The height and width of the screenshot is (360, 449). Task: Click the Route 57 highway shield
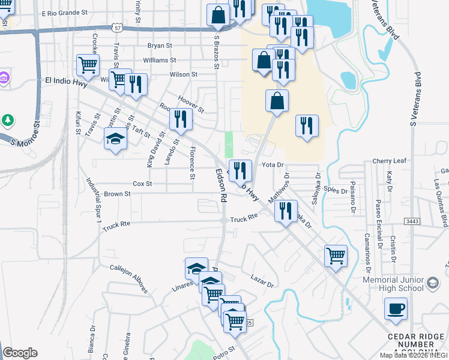[x=117, y=28]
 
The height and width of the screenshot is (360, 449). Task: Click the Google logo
[x=20, y=352]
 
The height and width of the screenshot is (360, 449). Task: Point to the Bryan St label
[x=160, y=46]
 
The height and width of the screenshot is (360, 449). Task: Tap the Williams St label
[x=160, y=60]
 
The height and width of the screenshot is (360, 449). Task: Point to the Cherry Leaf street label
[x=390, y=161]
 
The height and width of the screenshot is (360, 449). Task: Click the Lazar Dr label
[x=262, y=280]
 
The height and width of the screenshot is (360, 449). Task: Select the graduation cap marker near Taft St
[x=116, y=139]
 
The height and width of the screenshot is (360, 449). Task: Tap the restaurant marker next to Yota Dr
[x=240, y=170]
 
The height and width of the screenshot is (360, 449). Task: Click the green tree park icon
[x=8, y=120]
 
